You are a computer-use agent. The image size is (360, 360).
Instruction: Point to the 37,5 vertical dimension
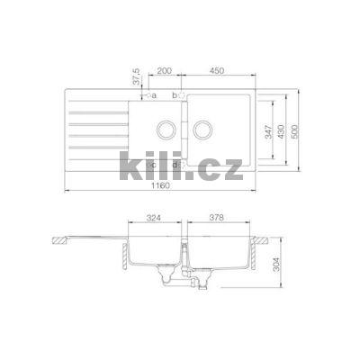pyautogui.click(x=135, y=76)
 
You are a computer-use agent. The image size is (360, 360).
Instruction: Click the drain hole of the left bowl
pyautogui.click(x=165, y=129)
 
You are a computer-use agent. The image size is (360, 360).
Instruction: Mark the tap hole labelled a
pyautogui.click(x=146, y=94)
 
